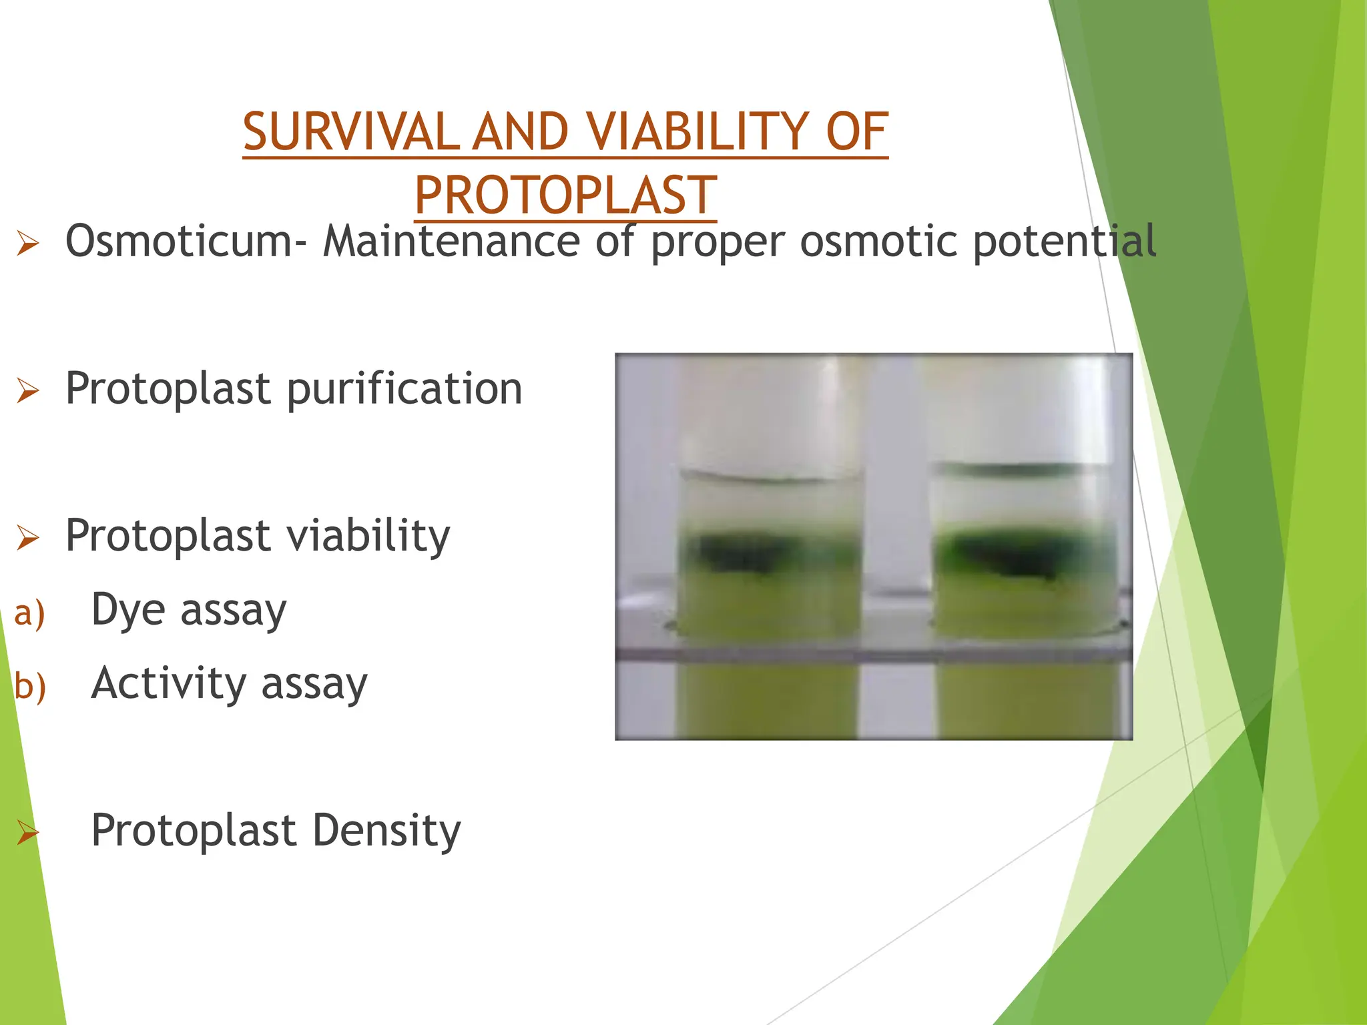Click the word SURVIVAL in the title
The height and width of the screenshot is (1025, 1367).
(351, 131)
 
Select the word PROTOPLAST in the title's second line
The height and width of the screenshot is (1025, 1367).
(565, 196)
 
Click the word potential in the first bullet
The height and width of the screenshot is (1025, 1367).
(1064, 242)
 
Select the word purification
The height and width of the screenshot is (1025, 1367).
(404, 388)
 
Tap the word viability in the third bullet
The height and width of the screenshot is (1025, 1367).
(368, 537)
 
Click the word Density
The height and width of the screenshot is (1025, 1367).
(386, 830)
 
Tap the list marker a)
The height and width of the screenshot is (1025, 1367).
(29, 613)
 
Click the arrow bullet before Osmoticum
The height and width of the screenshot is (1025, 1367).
(28, 243)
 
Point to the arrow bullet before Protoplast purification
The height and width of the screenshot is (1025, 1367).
(28, 390)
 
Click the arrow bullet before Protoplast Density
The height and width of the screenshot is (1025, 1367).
(28, 832)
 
